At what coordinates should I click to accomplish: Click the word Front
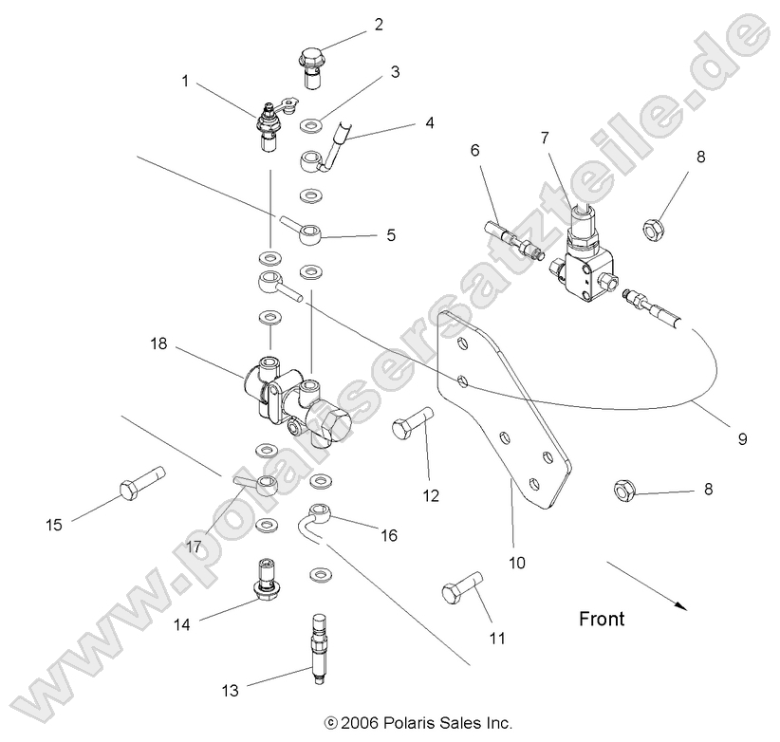coord(603,620)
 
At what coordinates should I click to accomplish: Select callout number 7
coord(545,139)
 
